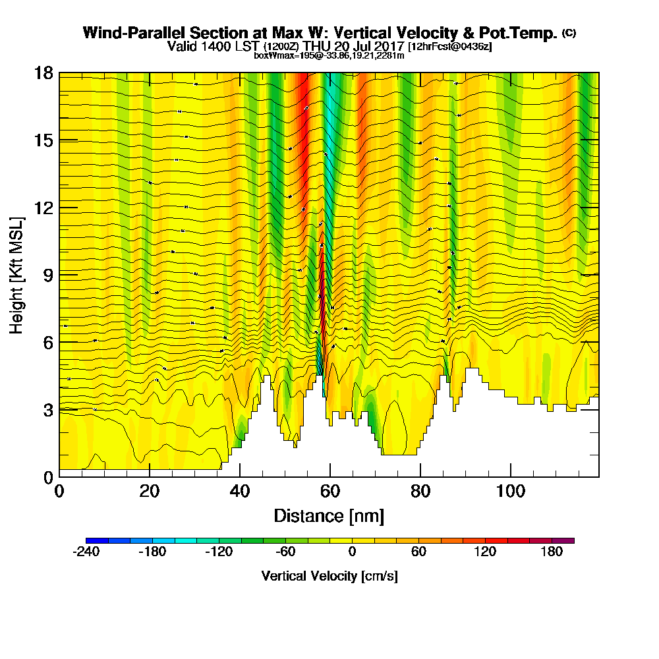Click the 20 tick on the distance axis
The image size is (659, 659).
click(150, 492)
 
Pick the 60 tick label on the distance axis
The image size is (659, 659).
click(330, 492)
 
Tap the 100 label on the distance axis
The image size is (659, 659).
click(510, 492)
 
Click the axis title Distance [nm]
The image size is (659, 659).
click(329, 515)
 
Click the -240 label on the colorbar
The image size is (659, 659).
click(85, 552)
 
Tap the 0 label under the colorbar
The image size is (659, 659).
click(352, 552)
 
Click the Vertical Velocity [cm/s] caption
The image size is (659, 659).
click(329, 576)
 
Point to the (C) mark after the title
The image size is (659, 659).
click(569, 32)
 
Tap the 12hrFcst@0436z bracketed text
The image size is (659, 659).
click(450, 47)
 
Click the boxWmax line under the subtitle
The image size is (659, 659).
click(329, 55)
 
